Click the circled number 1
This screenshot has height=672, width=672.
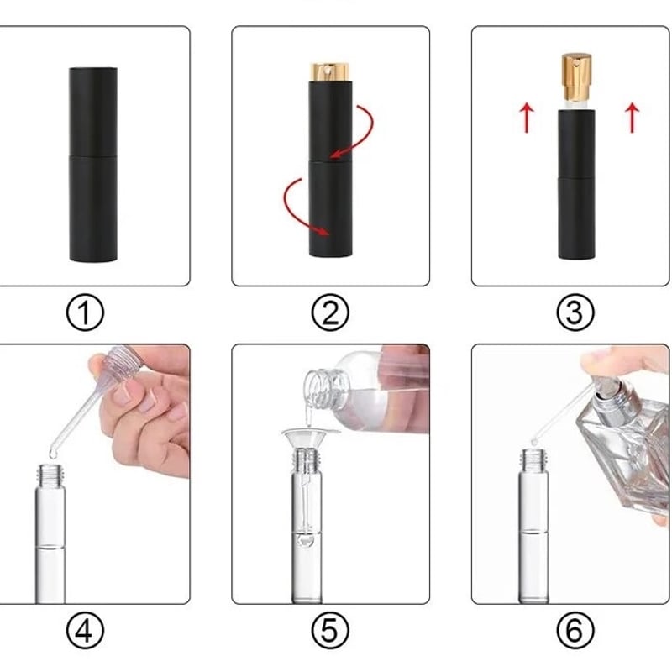pos(85,312)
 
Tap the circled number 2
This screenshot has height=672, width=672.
pos(330,312)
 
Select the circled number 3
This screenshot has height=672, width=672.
pos(575,312)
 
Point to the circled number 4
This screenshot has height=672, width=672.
pos(85,630)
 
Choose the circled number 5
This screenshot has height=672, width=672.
pos(330,630)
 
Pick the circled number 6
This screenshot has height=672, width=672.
pos(575,630)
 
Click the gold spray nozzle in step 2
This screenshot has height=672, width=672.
pos(330,72)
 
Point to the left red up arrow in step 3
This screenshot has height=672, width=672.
pos(527,118)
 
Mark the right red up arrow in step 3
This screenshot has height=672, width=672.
pos(633,118)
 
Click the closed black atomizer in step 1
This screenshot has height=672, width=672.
pos(93,164)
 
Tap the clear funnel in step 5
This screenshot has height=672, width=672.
pos(306,442)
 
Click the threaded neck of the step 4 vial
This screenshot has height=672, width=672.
pos(51,473)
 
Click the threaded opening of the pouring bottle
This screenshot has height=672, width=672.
pos(318,388)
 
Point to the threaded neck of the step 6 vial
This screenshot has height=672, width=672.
pos(534,458)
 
